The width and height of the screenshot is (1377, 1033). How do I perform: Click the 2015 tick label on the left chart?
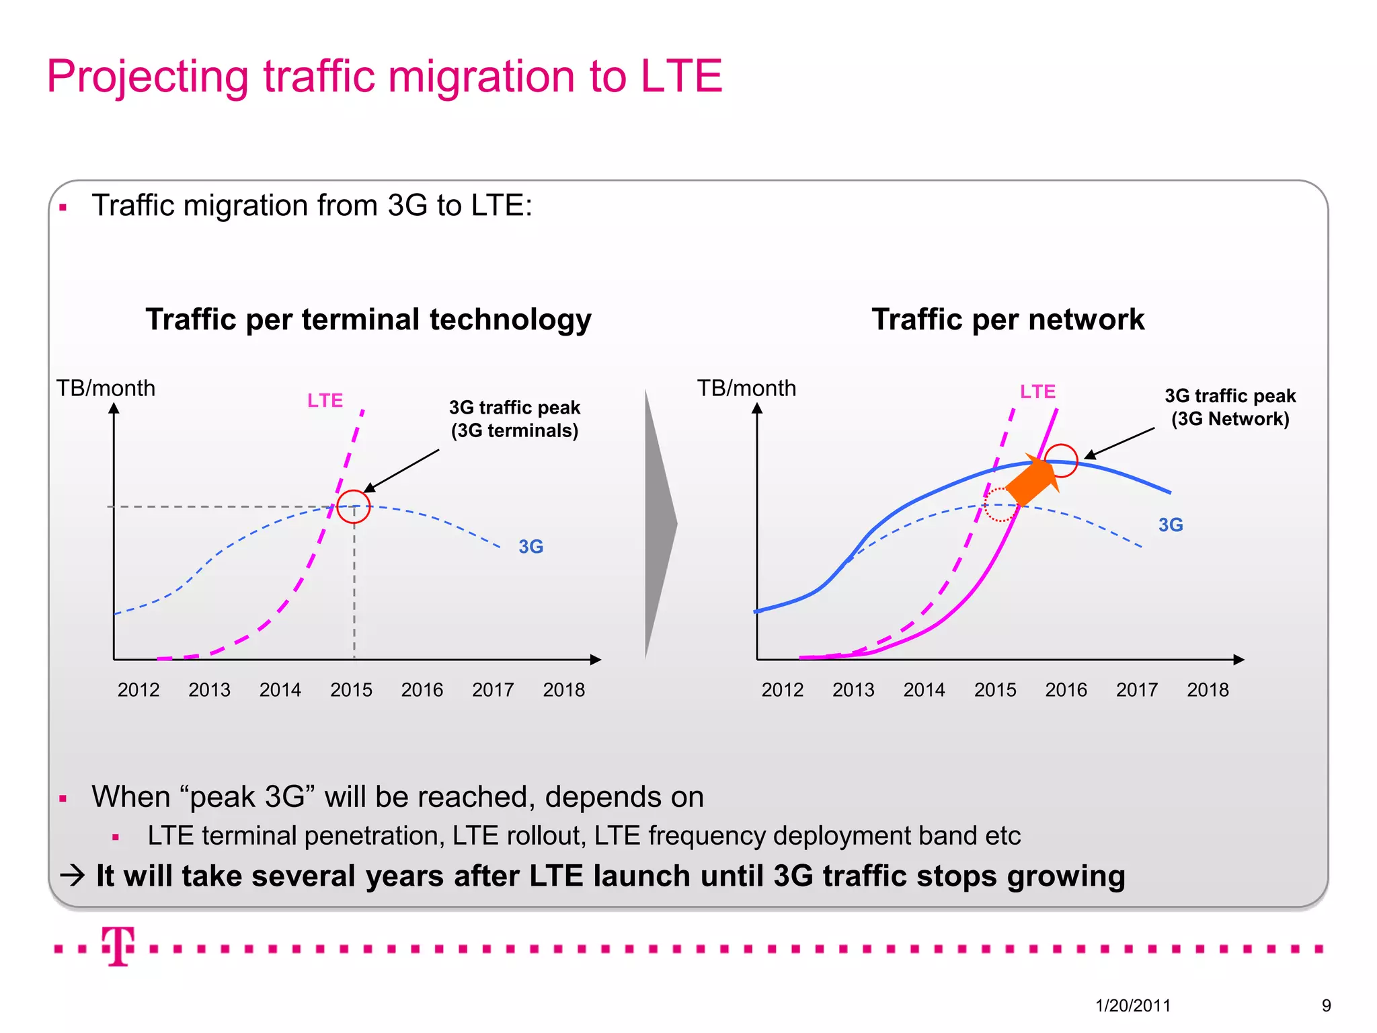pyautogui.click(x=351, y=689)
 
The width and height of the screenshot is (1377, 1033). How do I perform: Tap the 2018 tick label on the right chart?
pyautogui.click(x=1208, y=689)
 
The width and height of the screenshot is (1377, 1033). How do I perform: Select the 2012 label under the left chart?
pyautogui.click(x=139, y=689)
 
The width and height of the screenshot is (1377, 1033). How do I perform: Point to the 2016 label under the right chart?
pyautogui.click(x=1066, y=689)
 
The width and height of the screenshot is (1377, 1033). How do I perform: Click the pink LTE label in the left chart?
pyautogui.click(x=325, y=401)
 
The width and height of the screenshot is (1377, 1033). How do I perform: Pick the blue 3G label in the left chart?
pyautogui.click(x=530, y=547)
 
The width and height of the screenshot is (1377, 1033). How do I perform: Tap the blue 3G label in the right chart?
pyautogui.click(x=1171, y=525)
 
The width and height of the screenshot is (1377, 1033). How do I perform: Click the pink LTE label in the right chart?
pyautogui.click(x=1037, y=391)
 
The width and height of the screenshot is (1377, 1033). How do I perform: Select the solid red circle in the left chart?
pyautogui.click(x=354, y=506)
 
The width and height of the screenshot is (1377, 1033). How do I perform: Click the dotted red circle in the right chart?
pyautogui.click(x=1000, y=504)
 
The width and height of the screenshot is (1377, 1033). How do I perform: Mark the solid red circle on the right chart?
pyautogui.click(x=1062, y=461)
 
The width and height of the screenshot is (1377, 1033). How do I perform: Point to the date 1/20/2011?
pyautogui.click(x=1133, y=1005)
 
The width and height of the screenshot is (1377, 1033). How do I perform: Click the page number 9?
pyautogui.click(x=1326, y=1005)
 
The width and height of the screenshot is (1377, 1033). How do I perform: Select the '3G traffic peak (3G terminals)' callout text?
pyautogui.click(x=514, y=419)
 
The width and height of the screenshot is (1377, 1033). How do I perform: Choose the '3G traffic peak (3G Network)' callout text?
pyautogui.click(x=1230, y=408)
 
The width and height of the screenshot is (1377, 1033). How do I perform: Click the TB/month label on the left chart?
pyautogui.click(x=106, y=388)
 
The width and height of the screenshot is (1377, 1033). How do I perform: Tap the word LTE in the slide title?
pyautogui.click(x=681, y=76)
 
